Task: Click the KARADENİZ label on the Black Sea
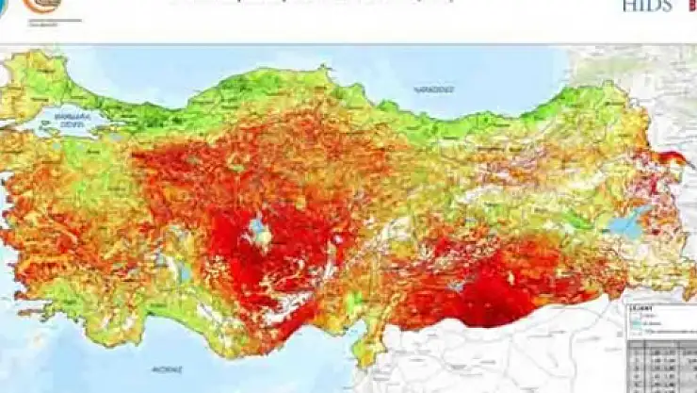(433, 90)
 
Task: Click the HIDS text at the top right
(647, 6)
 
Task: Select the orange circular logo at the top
(43, 8)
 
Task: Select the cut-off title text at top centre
(311, 3)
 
